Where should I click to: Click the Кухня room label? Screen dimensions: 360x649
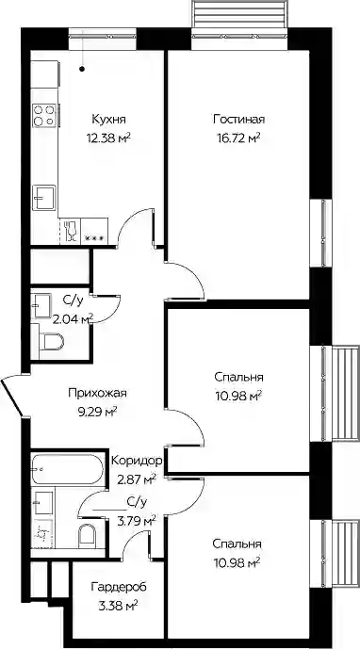pyautogui.click(x=109, y=120)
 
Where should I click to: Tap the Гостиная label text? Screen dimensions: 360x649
pyautogui.click(x=239, y=120)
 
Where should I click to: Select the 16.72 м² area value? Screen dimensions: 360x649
pyautogui.click(x=239, y=138)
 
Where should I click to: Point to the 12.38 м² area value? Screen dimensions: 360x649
pyautogui.click(x=109, y=138)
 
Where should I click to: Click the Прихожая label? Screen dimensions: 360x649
pyautogui.click(x=98, y=393)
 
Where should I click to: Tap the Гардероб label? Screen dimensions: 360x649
pyautogui.click(x=119, y=587)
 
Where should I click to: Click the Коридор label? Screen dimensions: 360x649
pyautogui.click(x=138, y=461)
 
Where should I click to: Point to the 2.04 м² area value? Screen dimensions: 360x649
pyautogui.click(x=73, y=317)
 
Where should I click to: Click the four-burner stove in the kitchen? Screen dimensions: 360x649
pyautogui.click(x=44, y=115)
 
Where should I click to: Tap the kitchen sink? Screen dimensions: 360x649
pyautogui.click(x=44, y=198)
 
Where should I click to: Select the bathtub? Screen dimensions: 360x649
pyautogui.click(x=66, y=469)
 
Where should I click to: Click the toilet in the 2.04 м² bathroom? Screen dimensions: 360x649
pyautogui.click(x=54, y=342)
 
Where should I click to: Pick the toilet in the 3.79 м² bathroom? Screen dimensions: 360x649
pyautogui.click(x=87, y=537)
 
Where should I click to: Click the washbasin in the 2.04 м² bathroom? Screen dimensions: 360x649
pyautogui.click(x=41, y=305)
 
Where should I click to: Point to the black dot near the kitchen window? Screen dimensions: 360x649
pyautogui.click(x=83, y=69)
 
